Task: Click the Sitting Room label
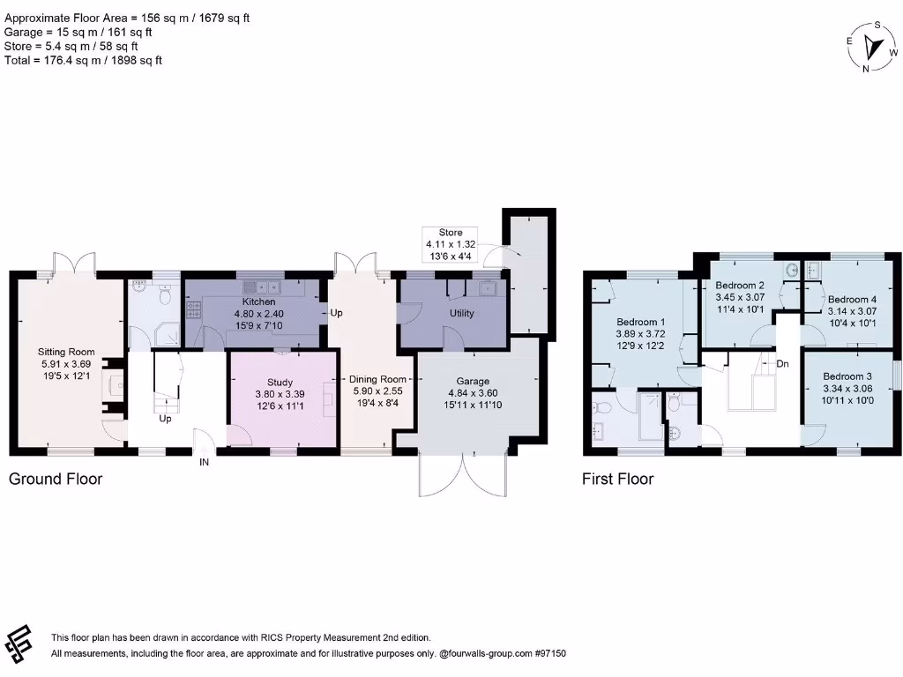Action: pyautogui.click(x=66, y=352)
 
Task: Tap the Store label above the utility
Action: pyautogui.click(x=451, y=231)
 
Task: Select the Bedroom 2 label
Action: pyautogui.click(x=740, y=286)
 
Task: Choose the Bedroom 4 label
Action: pyautogui.click(x=852, y=299)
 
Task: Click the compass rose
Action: pyautogui.click(x=874, y=46)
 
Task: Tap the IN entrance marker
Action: pyautogui.click(x=204, y=461)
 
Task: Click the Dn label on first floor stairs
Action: pyautogui.click(x=782, y=363)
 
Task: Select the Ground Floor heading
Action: pyautogui.click(x=56, y=479)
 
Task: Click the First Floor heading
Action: pyautogui.click(x=617, y=479)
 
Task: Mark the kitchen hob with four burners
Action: pyautogui.click(x=193, y=309)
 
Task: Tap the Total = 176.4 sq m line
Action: pyautogui.click(x=84, y=60)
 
